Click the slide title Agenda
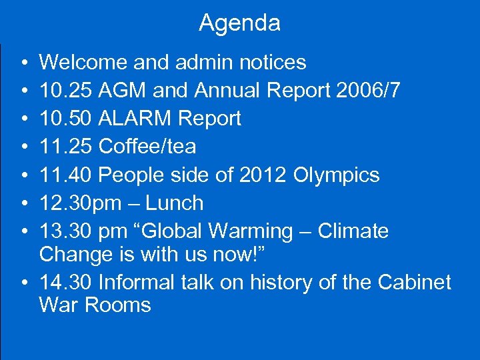click(x=239, y=23)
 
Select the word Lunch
click(x=175, y=203)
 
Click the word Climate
click(x=353, y=231)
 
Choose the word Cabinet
click(x=414, y=282)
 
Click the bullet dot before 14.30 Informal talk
click(x=23, y=283)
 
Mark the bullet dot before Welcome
click(x=23, y=63)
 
